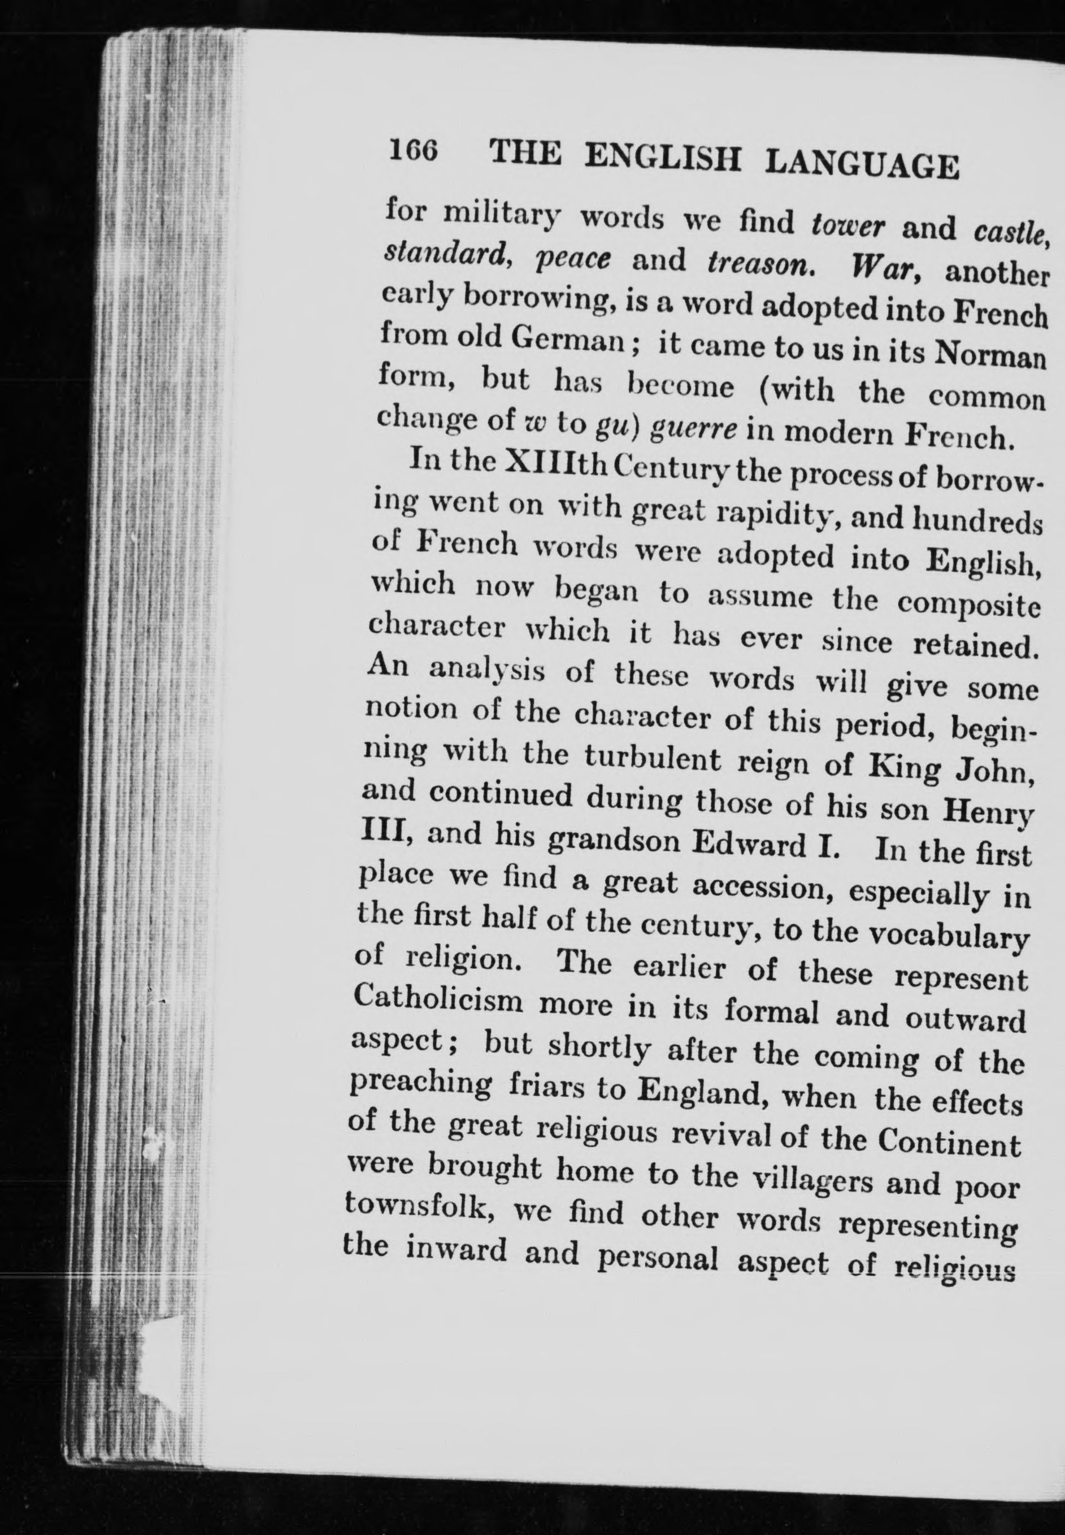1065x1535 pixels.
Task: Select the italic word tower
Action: (x=847, y=227)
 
